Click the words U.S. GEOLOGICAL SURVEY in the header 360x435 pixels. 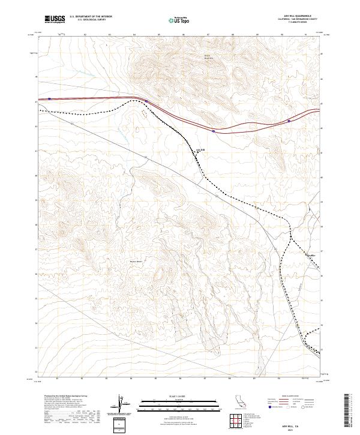pos(91,20)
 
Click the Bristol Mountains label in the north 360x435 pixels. pos(208,58)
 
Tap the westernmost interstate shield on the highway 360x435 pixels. pos(49,99)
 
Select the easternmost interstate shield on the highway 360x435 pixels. pos(289,121)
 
